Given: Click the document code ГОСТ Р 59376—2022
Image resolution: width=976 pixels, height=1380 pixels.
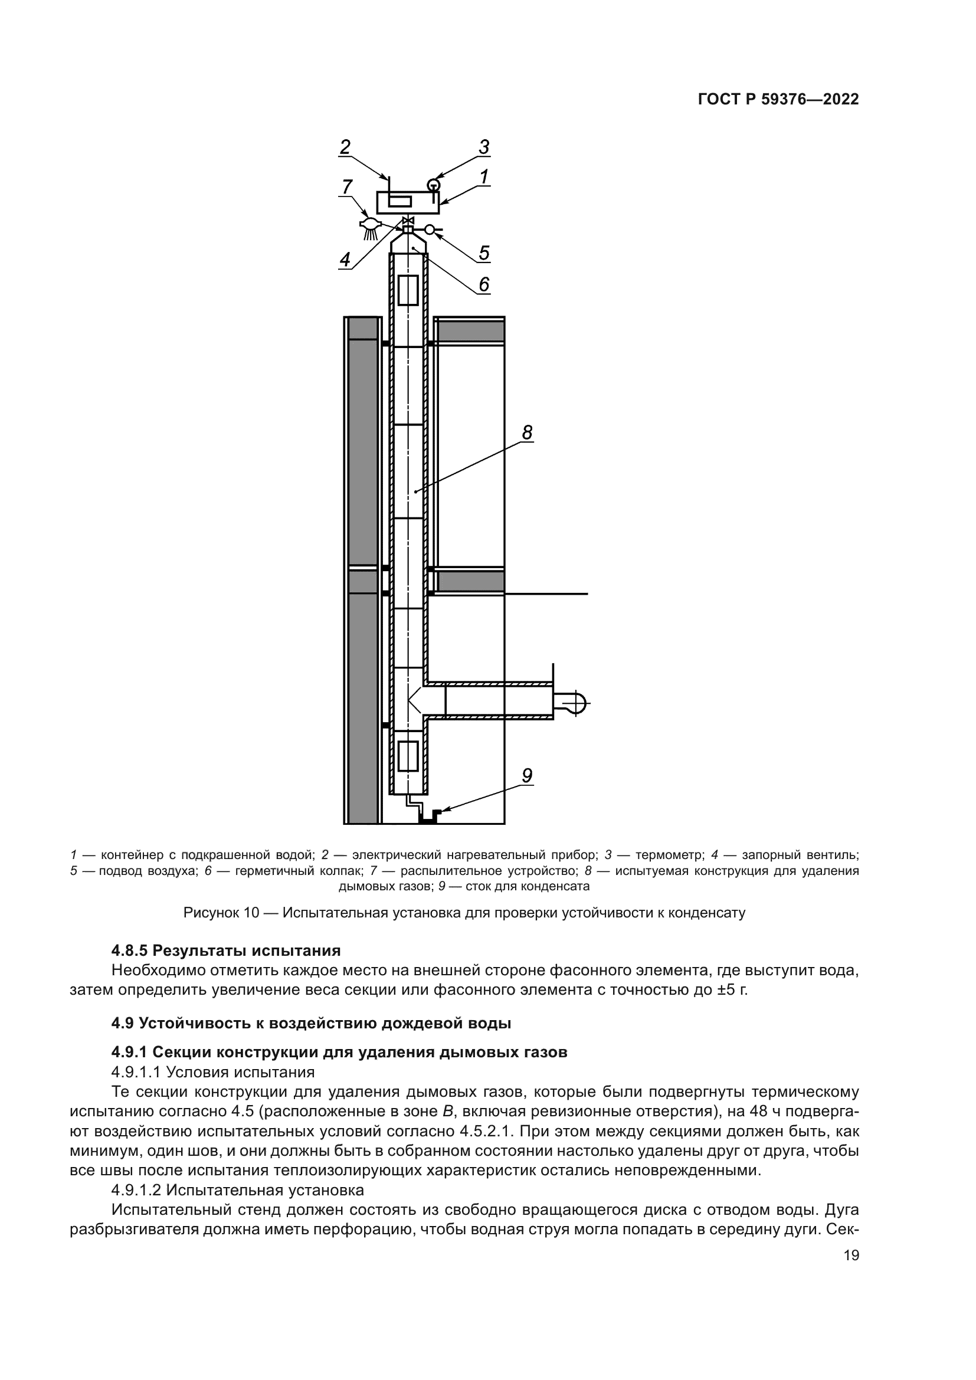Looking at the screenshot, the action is (x=778, y=100).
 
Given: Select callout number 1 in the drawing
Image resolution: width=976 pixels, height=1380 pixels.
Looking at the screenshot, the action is (x=483, y=177).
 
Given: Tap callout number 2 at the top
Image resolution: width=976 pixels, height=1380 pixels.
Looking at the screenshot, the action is (x=345, y=147).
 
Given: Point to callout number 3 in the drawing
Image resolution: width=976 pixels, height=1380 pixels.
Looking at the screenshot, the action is (x=484, y=147).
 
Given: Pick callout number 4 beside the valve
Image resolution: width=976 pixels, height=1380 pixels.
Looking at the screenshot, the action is (x=345, y=260).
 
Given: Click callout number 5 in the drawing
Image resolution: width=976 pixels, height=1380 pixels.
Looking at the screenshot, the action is (x=484, y=253).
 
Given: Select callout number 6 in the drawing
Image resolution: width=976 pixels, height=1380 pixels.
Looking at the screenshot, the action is (x=484, y=284).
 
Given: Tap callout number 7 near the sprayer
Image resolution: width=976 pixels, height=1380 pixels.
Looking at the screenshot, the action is (x=347, y=187).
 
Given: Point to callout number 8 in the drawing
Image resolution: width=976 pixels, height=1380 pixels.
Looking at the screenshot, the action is (x=527, y=432).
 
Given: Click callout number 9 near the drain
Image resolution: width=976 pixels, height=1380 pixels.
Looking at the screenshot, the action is (x=527, y=776).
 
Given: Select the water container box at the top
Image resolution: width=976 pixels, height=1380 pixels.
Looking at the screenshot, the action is (x=408, y=202).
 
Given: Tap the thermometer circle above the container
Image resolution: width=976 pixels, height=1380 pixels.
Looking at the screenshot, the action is (x=433, y=185).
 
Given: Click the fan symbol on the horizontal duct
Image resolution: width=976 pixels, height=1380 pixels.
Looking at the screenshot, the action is (x=572, y=702).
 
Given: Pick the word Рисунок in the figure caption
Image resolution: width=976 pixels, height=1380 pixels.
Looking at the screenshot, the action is (x=211, y=913).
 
